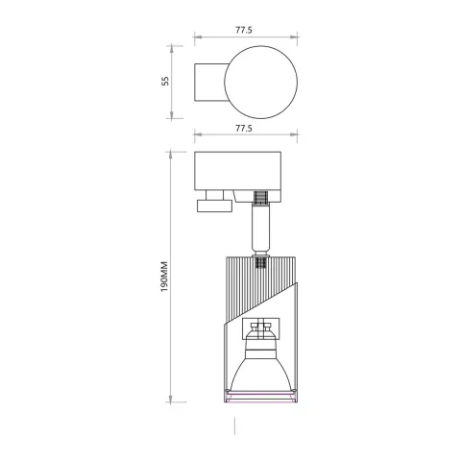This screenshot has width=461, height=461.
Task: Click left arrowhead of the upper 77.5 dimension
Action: coord(196,39)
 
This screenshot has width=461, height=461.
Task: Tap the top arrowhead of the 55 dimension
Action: coord(176,45)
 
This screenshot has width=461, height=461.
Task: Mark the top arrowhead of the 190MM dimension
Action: coord(176,152)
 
